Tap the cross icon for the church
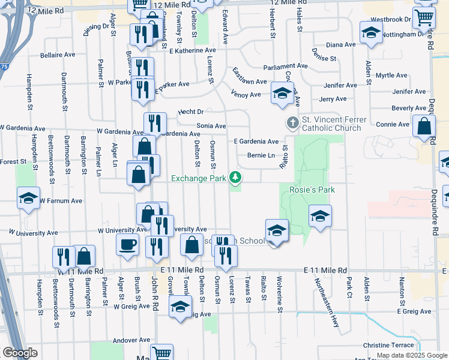(x=292, y=123)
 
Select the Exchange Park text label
(x=199, y=178)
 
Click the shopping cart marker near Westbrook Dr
(x=424, y=19)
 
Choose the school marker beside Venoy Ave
(x=282, y=93)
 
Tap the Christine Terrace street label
(x=388, y=345)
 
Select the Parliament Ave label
(x=271, y=66)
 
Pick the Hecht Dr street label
(x=191, y=112)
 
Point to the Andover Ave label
(x=131, y=340)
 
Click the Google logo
(x=20, y=353)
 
